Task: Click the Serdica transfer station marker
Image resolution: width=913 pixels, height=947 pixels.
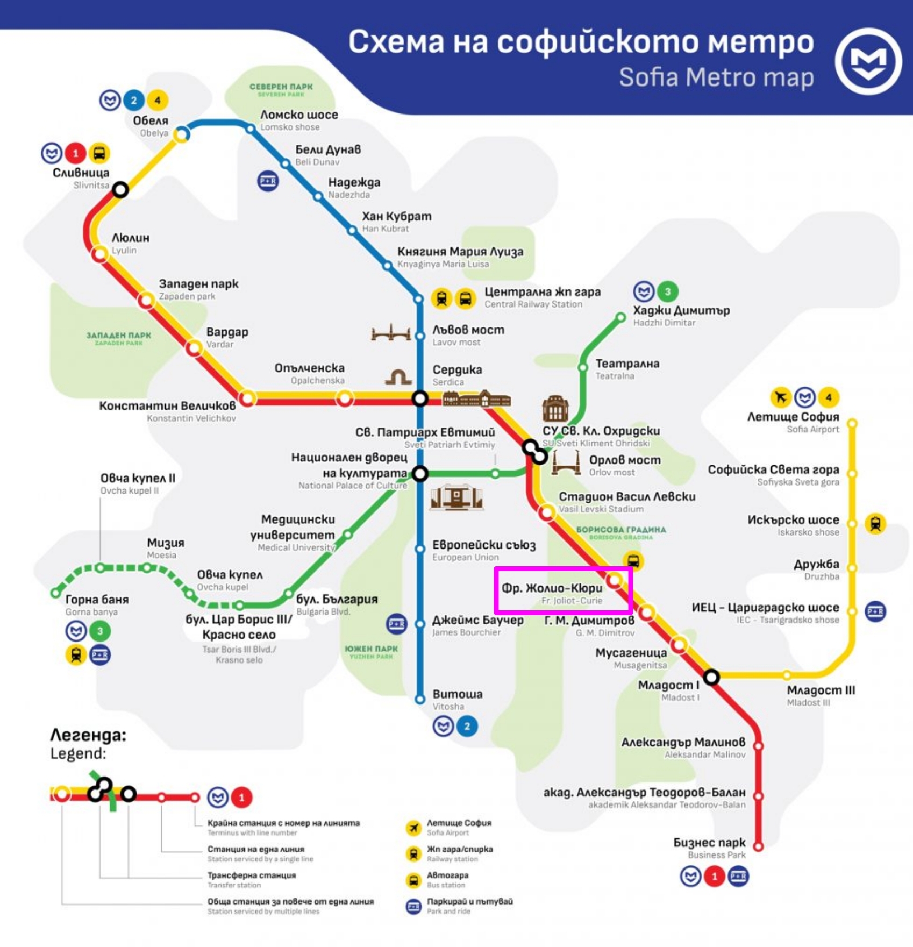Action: point(420,398)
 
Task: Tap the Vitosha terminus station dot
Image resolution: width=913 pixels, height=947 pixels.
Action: point(420,700)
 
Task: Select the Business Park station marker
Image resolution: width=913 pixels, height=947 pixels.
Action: point(758,846)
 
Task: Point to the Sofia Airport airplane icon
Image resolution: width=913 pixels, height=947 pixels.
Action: point(780,397)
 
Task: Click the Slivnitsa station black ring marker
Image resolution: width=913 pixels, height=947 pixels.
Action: point(120,189)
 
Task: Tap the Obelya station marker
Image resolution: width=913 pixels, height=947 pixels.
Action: point(182,134)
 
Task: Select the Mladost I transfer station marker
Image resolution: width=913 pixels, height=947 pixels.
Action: point(711,677)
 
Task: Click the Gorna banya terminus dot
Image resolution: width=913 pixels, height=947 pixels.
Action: point(55,593)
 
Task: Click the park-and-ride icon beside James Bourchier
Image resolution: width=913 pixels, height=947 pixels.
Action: point(397,624)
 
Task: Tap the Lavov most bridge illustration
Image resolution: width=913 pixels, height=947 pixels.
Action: point(391,333)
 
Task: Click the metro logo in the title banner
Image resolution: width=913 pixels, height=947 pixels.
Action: point(868,61)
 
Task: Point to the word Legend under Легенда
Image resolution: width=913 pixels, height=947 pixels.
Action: point(78,754)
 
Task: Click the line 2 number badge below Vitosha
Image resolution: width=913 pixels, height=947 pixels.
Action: point(467,727)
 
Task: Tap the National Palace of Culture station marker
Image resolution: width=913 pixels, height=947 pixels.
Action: point(420,474)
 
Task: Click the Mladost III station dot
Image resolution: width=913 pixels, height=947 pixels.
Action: point(786,675)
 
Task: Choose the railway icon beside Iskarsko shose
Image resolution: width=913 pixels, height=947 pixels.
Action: point(875,523)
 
